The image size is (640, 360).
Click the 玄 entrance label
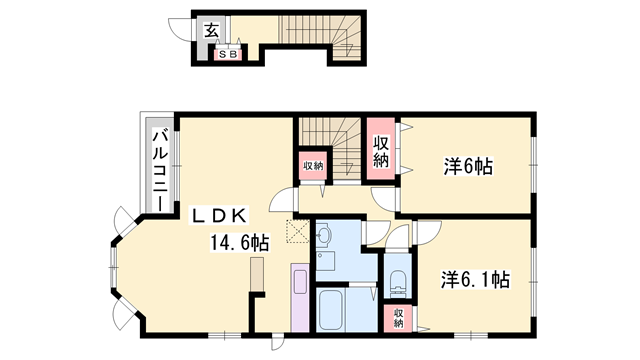coord(212,30)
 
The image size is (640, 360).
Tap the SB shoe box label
coord(228,54)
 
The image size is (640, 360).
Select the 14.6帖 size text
coord(238,242)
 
